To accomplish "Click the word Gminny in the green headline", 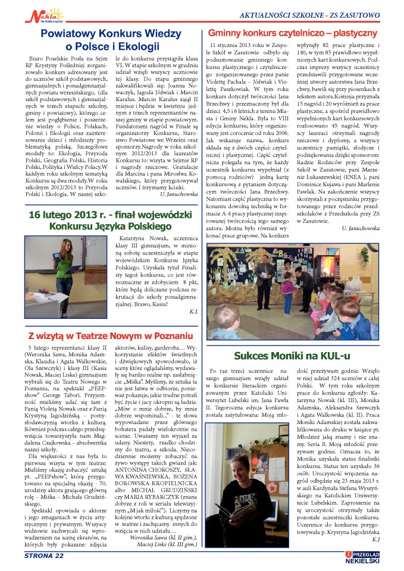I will pyautogui.click(x=227, y=34).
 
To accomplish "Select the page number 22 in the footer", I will pyautogui.click(x=57, y=556).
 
